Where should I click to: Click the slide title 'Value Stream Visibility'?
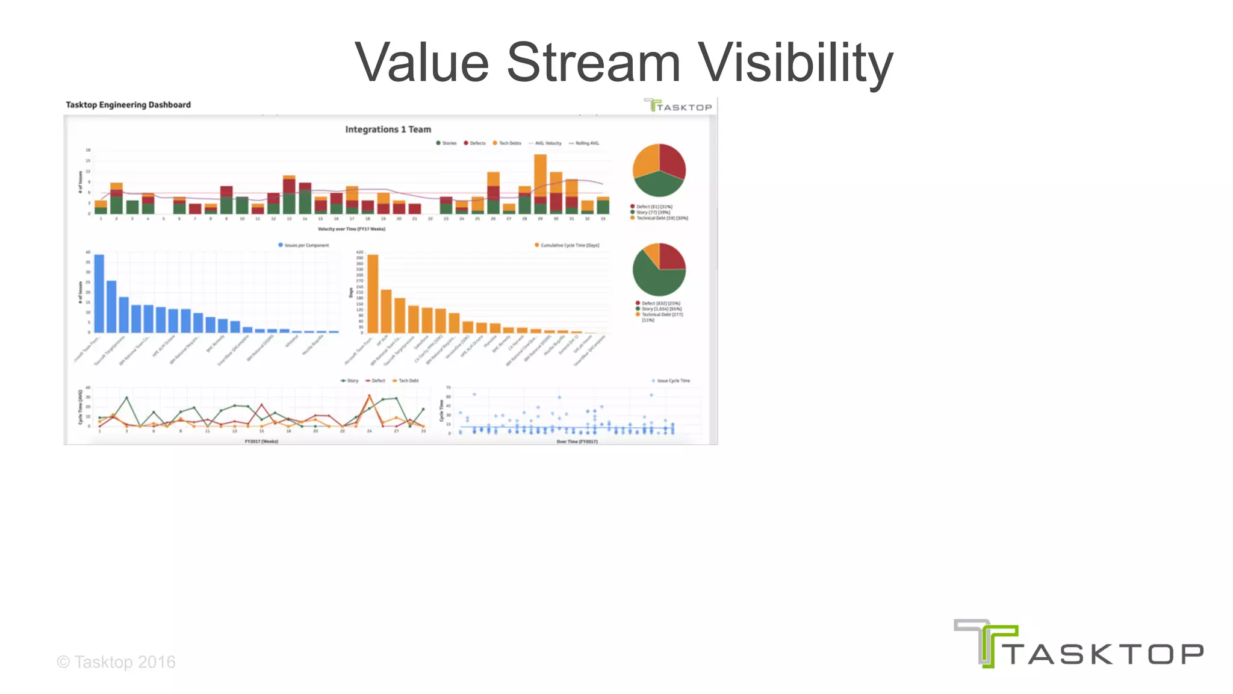(x=623, y=62)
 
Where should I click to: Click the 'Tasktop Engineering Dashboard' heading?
(x=128, y=105)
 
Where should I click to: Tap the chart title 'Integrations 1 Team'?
(x=388, y=130)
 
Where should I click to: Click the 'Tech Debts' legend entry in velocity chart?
(x=509, y=143)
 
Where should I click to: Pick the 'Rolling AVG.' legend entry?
(x=586, y=143)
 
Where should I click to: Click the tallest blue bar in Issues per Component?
(x=99, y=293)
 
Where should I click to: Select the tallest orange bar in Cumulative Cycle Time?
(x=373, y=293)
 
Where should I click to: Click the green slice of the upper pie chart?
(x=657, y=184)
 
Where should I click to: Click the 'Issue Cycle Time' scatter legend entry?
(x=672, y=381)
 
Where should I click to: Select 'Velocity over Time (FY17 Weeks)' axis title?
(x=351, y=229)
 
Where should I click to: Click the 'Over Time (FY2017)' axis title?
(x=577, y=442)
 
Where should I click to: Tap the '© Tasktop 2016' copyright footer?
(x=116, y=662)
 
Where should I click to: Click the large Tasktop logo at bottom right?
(x=1078, y=645)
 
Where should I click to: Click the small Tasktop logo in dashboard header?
(x=678, y=106)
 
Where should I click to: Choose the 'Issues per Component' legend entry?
(x=306, y=245)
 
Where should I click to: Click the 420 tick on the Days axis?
(x=359, y=252)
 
